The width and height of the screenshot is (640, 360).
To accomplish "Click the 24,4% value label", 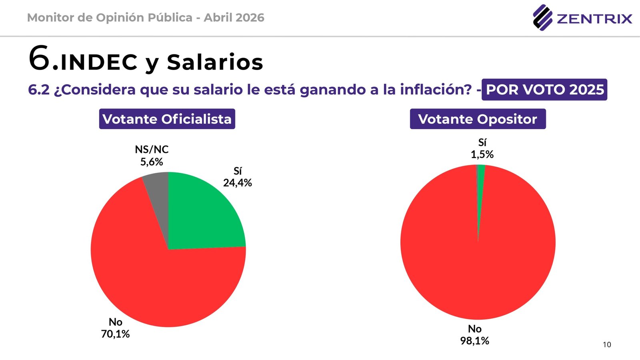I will (238, 183).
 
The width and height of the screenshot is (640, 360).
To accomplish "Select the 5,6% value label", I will (152, 162).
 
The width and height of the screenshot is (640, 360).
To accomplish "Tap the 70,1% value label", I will (115, 334).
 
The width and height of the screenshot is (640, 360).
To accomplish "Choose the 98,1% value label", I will (475, 341).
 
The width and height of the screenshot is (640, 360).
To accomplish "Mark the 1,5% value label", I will (482, 154).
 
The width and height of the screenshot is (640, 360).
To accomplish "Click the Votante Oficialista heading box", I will (167, 119).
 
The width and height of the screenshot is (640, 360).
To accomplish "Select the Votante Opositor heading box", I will (478, 119).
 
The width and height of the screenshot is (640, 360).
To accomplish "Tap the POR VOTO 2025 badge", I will (544, 90).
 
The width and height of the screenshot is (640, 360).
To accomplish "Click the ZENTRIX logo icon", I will (542, 17).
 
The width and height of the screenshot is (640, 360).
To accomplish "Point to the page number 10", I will (607, 344).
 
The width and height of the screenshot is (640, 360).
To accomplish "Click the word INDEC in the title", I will (99, 62).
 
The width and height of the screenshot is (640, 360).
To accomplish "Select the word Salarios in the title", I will (215, 62).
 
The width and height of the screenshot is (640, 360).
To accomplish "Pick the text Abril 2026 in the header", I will (234, 18).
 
